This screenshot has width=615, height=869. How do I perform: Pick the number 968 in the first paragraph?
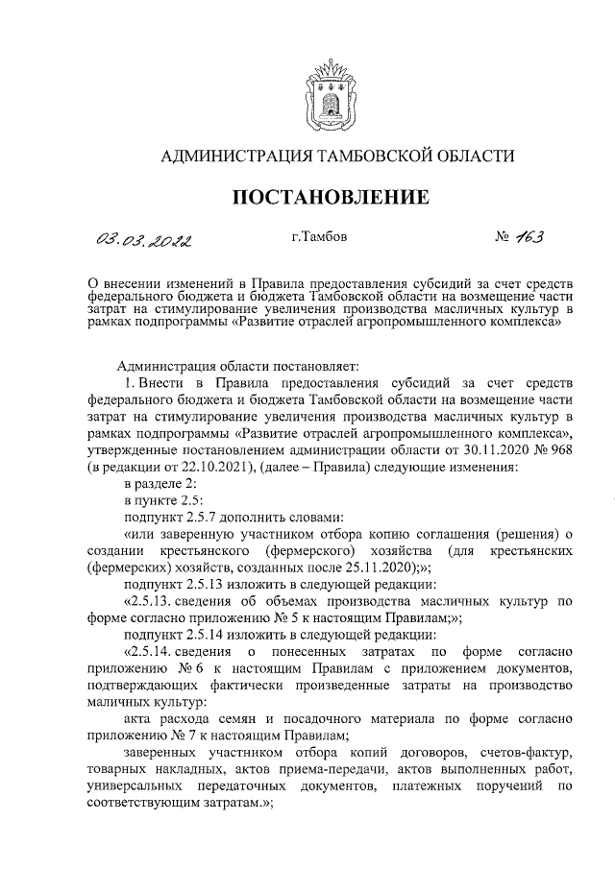(558, 450)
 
